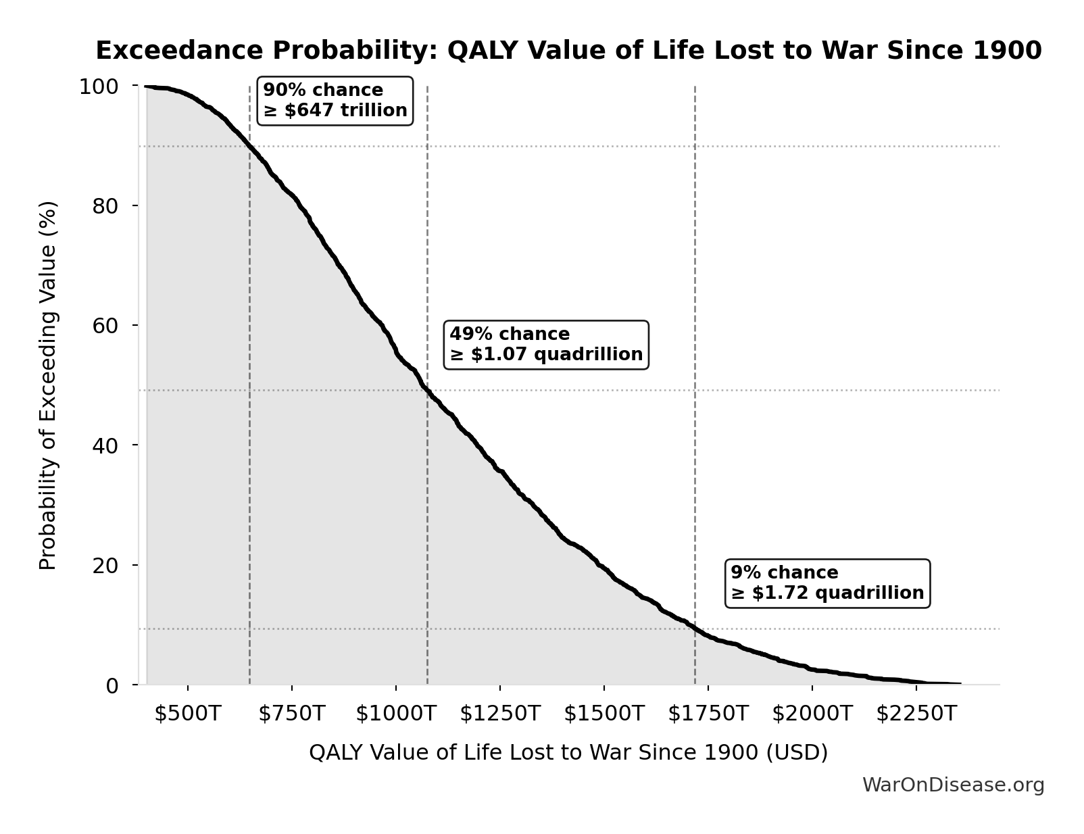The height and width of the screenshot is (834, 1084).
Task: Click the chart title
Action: (568, 51)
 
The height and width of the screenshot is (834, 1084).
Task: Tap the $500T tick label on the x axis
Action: (188, 714)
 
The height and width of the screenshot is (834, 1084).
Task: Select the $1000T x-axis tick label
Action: (396, 714)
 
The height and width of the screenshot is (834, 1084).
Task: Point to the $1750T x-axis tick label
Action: (708, 714)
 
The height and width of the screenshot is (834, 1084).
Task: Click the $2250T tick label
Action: (916, 714)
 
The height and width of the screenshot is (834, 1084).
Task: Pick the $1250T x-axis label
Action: (500, 714)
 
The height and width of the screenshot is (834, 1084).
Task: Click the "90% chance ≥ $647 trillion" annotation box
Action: (335, 101)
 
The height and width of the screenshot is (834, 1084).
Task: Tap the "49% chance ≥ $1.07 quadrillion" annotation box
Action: (546, 345)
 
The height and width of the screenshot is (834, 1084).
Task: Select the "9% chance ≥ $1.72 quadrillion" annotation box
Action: (827, 583)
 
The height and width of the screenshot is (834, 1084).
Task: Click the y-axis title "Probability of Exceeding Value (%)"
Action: (48, 385)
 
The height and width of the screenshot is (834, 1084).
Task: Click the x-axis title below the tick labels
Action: (568, 753)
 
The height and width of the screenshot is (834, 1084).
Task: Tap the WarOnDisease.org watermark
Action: (953, 785)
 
